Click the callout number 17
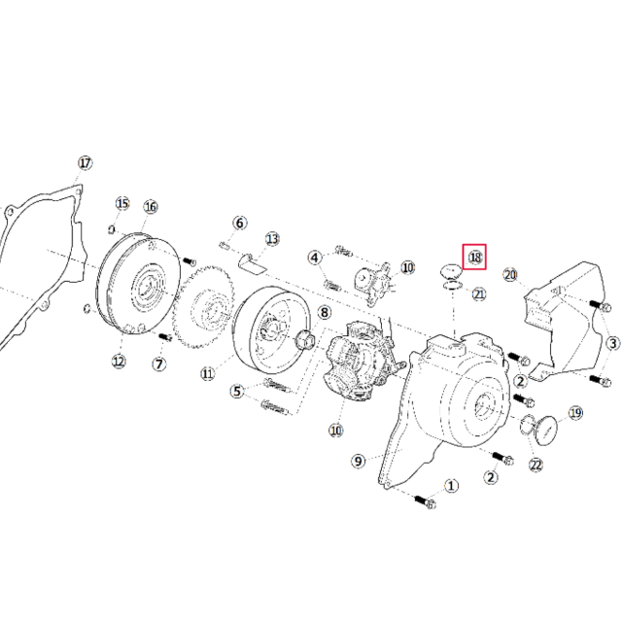pos(85,162)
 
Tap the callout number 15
pos(122,203)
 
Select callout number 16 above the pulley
pos(151,206)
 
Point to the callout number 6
pos(240,223)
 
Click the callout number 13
pos(272,238)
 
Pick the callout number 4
pos(315,258)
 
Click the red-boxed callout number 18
pos(474,257)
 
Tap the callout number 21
pos(478,293)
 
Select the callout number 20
pos(511,275)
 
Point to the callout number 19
pos(575,413)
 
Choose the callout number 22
pos(535,465)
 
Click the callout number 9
pos(358,460)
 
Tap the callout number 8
pos(324,312)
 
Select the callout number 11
pos(207,372)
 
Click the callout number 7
pos(158,363)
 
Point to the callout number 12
pos(119,362)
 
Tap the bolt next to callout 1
pos(425,501)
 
